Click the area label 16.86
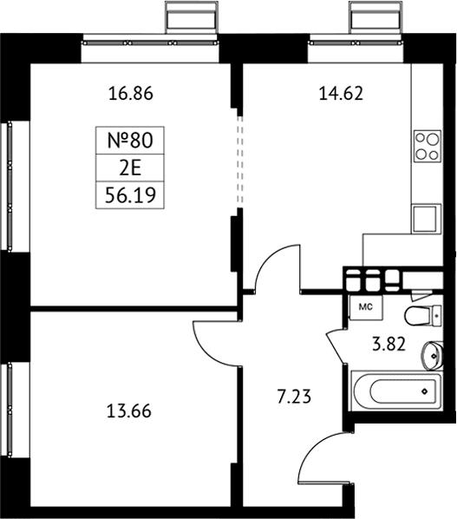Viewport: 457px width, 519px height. click(131, 94)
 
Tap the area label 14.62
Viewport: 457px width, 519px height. click(341, 94)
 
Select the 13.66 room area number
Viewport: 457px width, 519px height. click(129, 411)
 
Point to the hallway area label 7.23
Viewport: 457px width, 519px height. click(294, 397)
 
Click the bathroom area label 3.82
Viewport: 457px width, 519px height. click(388, 345)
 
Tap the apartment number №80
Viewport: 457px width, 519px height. click(130, 140)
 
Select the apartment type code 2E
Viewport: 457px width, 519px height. click(130, 168)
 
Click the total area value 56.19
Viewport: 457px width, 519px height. click(130, 195)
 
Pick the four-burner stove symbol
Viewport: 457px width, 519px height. click(428, 146)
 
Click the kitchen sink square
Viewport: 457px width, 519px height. click(426, 219)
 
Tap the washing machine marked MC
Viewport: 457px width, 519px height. click(366, 307)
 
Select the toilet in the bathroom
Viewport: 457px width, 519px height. click(422, 315)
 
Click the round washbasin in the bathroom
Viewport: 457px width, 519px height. click(432, 356)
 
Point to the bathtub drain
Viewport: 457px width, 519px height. click(424, 391)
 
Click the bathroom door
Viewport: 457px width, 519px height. click(336, 346)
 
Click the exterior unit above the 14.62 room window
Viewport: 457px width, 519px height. click(376, 17)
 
